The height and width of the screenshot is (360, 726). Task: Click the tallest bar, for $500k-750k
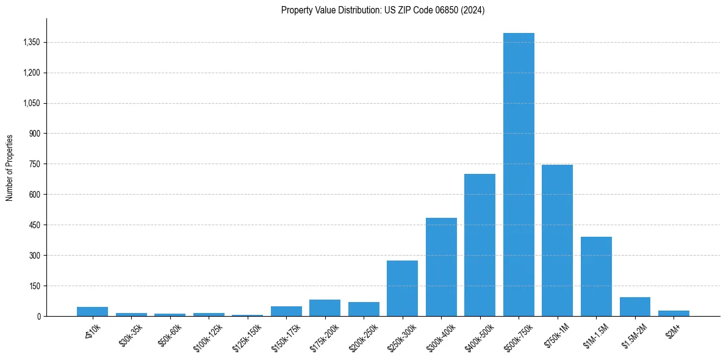[519, 177]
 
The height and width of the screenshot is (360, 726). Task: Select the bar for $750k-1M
[557, 241]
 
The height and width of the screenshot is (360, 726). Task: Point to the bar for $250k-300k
[402, 289]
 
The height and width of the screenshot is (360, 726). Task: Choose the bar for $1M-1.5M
[596, 276]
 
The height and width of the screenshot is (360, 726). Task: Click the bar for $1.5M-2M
[634, 307]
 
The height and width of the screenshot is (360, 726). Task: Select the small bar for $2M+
[674, 313]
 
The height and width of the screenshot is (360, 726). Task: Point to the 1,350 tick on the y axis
[31, 43]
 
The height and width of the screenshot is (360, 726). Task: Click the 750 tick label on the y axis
[34, 164]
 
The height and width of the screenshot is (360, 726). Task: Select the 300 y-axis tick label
[34, 256]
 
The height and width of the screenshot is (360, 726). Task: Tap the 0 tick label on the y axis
[38, 316]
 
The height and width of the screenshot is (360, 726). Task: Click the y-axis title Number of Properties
[10, 168]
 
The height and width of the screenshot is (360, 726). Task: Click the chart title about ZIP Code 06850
[383, 10]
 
